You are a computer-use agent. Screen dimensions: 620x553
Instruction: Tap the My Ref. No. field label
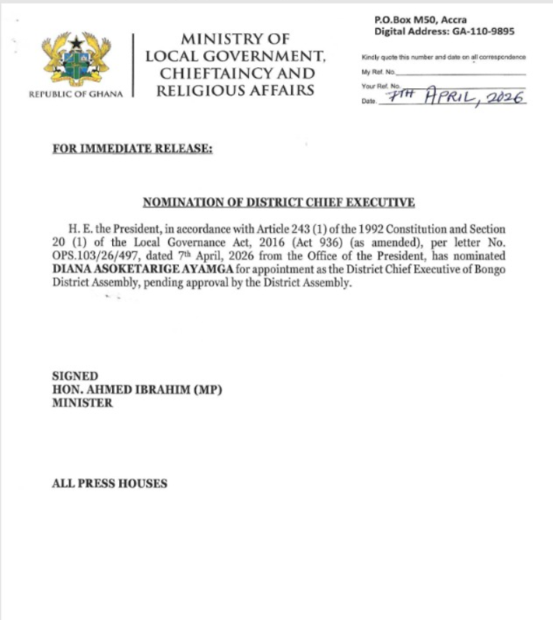(x=379, y=71)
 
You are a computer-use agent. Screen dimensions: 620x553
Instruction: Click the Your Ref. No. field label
(x=381, y=86)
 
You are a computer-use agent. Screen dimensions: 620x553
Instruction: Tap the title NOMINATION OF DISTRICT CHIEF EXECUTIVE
(x=278, y=202)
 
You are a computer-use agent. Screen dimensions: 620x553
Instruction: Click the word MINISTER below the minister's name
(x=82, y=404)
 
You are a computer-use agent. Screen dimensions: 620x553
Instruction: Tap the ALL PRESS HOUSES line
(x=110, y=483)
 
